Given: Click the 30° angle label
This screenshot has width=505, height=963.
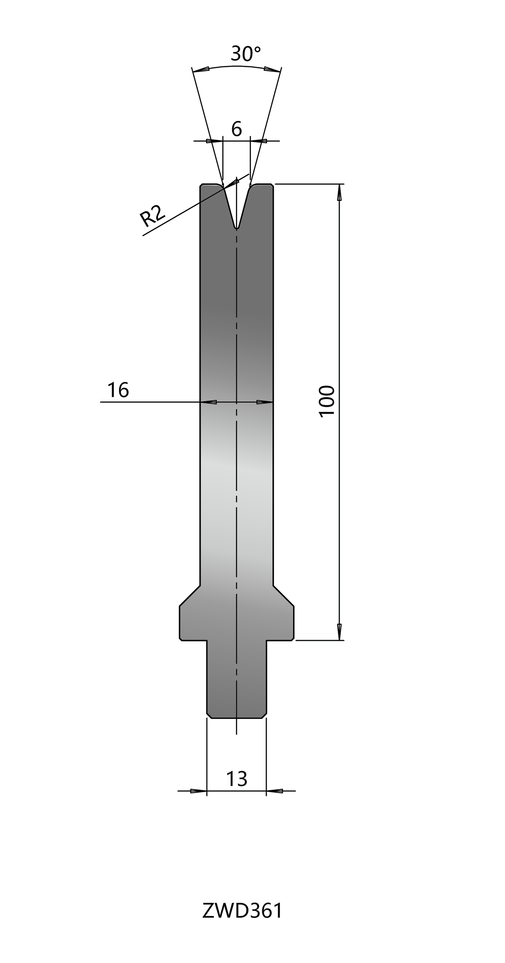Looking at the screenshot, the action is pos(246,54).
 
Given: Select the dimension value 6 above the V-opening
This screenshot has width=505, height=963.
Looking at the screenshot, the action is pos(237,129).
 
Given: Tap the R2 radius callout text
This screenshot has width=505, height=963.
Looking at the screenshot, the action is pos(152,216).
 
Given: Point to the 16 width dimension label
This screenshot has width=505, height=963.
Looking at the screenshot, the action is pos(118,390).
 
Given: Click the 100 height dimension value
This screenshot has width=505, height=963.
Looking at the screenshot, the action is pos(327,401).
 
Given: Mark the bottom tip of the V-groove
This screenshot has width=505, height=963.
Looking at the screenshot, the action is pos(236,229).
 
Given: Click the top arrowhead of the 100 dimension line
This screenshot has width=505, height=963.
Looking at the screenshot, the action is pos(339,193).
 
